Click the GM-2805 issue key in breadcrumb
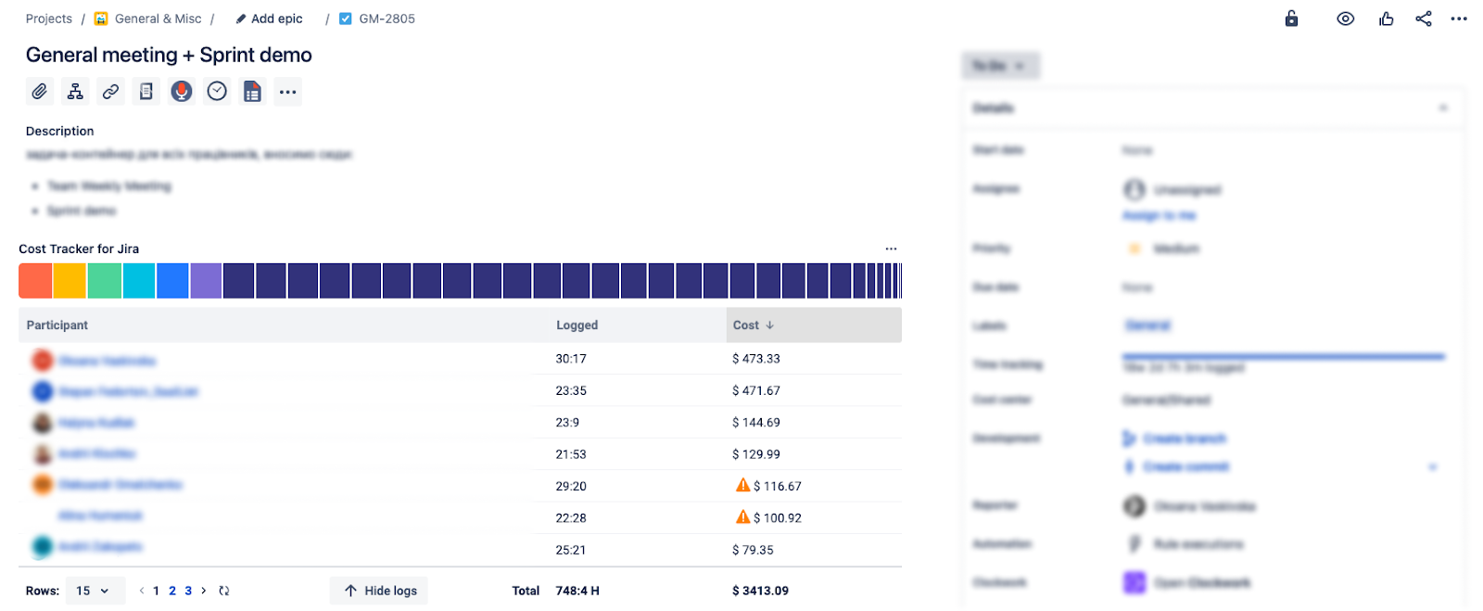[x=387, y=19]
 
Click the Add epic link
[x=276, y=19]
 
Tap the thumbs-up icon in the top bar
[x=1386, y=19]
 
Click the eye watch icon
[x=1345, y=19]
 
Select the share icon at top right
[x=1424, y=19]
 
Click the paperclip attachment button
[x=39, y=92]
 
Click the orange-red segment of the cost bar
[x=35, y=281]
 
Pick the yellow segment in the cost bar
[x=70, y=281]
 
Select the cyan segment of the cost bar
[x=139, y=281]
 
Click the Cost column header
[x=746, y=325]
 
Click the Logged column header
[x=577, y=325]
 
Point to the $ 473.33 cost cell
[x=756, y=359]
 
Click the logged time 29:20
[x=571, y=486]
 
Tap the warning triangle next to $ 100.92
[x=742, y=516]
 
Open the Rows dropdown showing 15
[x=94, y=591]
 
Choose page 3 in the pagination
[x=188, y=591]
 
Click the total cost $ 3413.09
[x=760, y=591]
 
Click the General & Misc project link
[x=158, y=19]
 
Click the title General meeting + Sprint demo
[x=169, y=56]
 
